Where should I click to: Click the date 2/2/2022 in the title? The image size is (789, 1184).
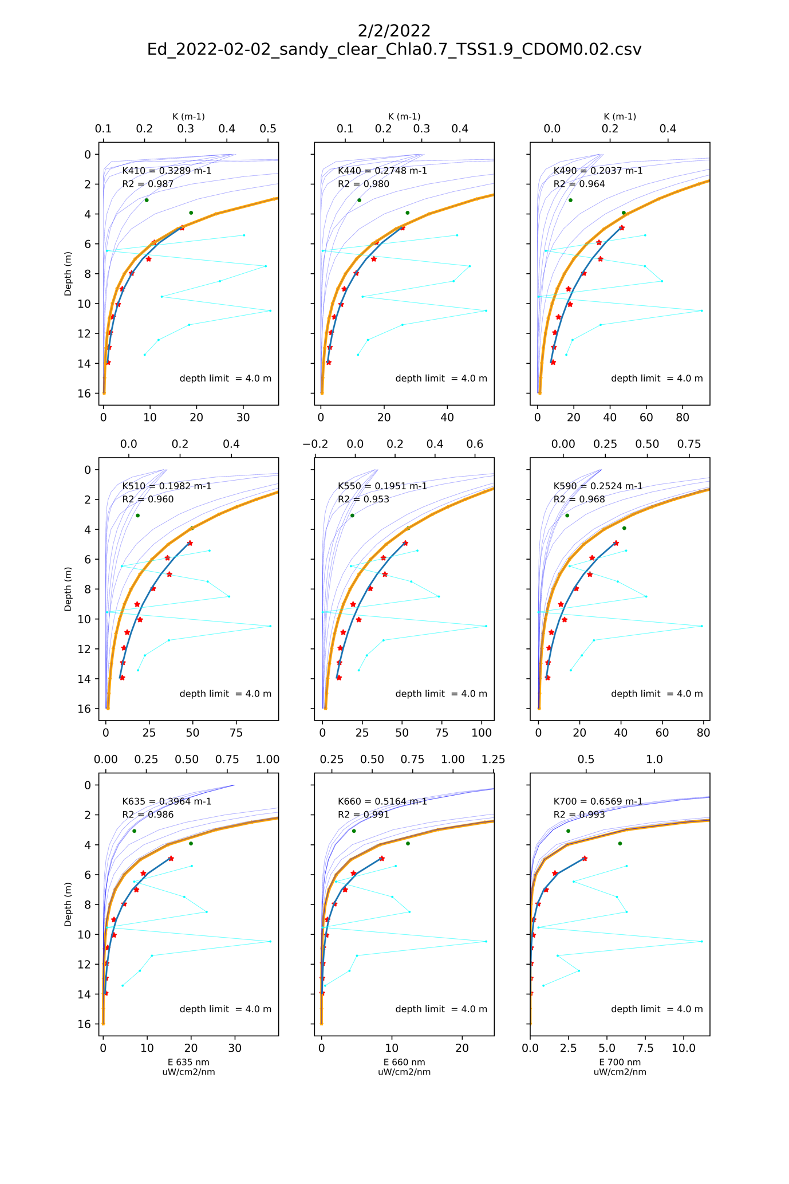[394, 30]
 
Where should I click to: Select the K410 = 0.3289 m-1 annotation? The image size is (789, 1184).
[167, 171]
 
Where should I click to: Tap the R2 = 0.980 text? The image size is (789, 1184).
[363, 184]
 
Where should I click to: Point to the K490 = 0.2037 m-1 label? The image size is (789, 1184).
[598, 171]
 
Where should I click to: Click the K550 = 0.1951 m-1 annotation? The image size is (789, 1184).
[382, 486]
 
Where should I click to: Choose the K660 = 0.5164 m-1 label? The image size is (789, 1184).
[382, 801]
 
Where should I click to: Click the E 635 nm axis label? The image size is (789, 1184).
[188, 1062]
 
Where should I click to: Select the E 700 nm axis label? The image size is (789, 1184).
[620, 1062]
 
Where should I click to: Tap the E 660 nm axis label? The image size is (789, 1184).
[404, 1062]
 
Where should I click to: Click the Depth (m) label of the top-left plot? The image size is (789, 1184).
[68, 273]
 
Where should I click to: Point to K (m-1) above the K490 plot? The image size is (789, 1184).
[620, 116]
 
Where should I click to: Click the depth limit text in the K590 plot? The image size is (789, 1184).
[657, 694]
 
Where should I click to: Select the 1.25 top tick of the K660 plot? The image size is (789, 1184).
[494, 760]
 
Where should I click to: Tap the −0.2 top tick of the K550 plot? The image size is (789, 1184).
[315, 444]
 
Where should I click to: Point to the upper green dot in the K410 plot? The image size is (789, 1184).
[147, 200]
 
